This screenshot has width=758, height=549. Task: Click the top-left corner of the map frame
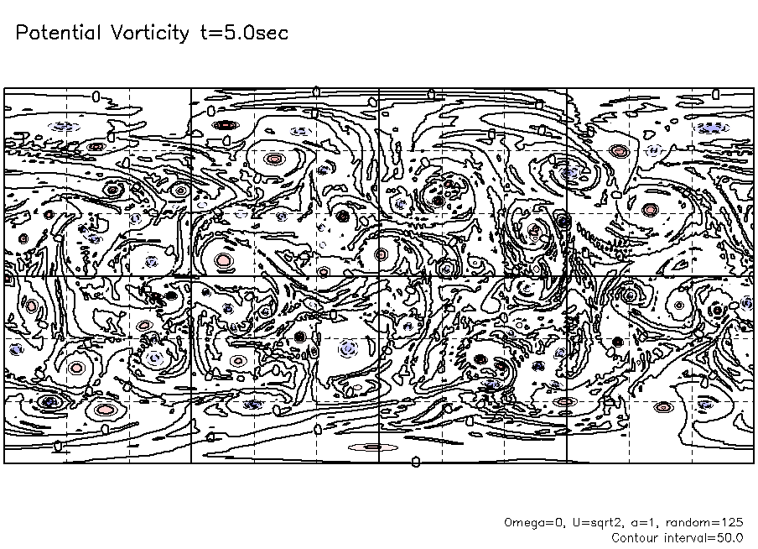point(4,89)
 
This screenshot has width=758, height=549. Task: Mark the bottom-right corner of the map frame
point(754,463)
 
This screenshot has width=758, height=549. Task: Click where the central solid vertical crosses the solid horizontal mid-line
point(379,276)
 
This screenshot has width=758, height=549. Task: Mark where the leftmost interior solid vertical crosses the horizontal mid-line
point(191,276)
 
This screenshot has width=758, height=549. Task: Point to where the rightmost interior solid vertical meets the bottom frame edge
point(567,463)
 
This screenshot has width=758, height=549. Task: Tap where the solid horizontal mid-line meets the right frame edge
point(754,276)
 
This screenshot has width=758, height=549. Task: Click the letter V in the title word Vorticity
point(117,33)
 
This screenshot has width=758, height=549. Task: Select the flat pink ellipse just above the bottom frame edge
point(373,447)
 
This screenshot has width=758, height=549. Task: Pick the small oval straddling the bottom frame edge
point(416,463)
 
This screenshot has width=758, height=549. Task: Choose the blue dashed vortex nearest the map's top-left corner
point(65,127)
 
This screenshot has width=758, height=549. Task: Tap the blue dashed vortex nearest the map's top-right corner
point(712,128)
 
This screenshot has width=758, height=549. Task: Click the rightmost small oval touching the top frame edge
point(716,94)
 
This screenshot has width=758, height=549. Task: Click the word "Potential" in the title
point(59,33)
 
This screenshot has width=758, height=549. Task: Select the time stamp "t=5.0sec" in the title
point(244,33)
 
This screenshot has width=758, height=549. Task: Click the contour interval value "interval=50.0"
point(703,538)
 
